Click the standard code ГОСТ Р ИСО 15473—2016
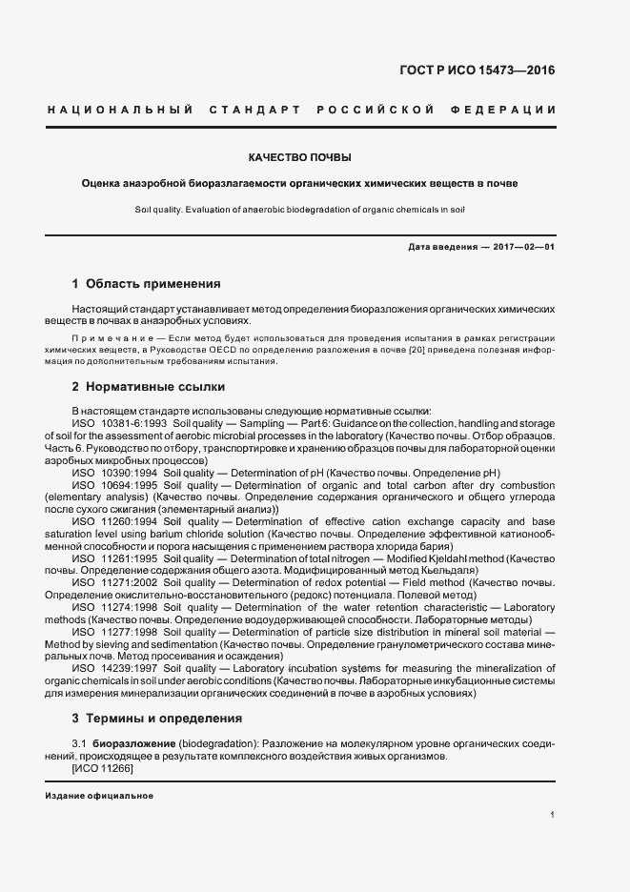pyautogui.click(x=476, y=70)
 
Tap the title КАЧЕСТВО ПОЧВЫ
pyautogui.click(x=300, y=155)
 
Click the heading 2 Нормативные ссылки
pyautogui.click(x=148, y=387)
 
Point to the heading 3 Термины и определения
pyautogui.click(x=157, y=718)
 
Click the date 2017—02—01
pyautogui.click(x=523, y=247)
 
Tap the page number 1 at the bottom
pyautogui.click(x=553, y=815)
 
